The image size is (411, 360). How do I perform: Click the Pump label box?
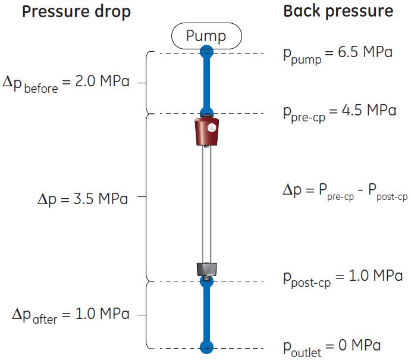click(206, 36)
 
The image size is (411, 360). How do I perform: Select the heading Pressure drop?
click(76, 11)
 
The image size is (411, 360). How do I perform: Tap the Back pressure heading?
click(338, 11)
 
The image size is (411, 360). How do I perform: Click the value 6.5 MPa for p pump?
click(363, 53)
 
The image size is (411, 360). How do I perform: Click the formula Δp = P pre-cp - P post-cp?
click(344, 192)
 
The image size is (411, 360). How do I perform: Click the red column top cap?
click(206, 133)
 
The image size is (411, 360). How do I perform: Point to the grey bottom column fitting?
click(206, 270)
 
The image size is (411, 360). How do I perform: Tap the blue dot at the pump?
click(206, 52)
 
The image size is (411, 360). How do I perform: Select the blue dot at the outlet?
click(206, 347)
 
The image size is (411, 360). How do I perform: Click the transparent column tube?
click(206, 202)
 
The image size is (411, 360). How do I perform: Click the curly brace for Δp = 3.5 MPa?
click(146, 196)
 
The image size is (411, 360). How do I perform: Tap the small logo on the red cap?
click(211, 128)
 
